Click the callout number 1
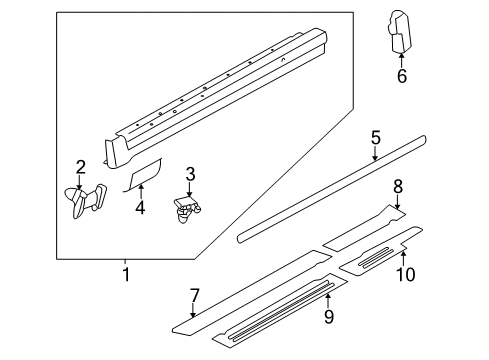[x=126, y=274]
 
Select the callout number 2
[x=80, y=167]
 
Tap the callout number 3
[x=190, y=174]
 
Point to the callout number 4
[x=140, y=208]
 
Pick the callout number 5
[x=376, y=138]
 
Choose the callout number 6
[x=402, y=76]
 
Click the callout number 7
[x=194, y=296]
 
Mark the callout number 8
[x=398, y=187]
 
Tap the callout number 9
[x=329, y=316]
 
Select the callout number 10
[x=406, y=275]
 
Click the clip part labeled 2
[x=85, y=201]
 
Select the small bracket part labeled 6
[x=399, y=32]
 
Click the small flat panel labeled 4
[x=143, y=175]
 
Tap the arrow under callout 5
[x=375, y=154]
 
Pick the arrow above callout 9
[x=328, y=300]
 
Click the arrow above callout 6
[x=402, y=60]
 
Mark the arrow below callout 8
[x=397, y=202]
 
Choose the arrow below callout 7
[x=193, y=310]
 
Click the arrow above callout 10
[x=403, y=259]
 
